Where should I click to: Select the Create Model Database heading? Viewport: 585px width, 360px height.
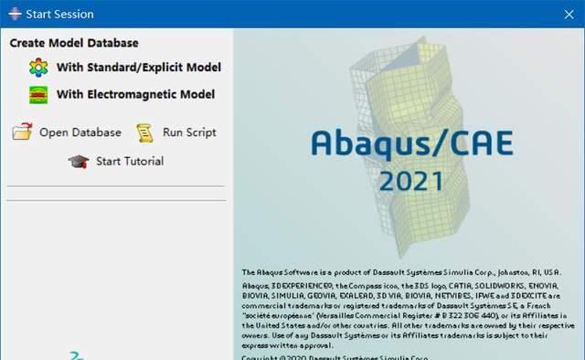click(x=74, y=43)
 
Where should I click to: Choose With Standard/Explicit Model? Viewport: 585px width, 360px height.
click(x=138, y=67)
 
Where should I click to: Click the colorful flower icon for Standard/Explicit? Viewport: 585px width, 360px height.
click(x=38, y=68)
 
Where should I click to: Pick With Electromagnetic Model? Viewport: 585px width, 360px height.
click(x=135, y=94)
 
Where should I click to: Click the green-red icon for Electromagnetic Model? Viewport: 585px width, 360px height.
click(x=38, y=94)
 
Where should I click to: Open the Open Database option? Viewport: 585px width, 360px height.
click(x=80, y=132)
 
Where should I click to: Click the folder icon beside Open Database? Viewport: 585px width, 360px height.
click(x=22, y=132)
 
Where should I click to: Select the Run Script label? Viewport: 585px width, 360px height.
click(x=189, y=132)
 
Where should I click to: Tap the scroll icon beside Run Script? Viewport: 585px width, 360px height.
click(x=144, y=132)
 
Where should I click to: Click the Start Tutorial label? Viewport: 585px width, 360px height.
click(x=130, y=162)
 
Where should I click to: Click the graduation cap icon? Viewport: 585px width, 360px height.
click(x=78, y=162)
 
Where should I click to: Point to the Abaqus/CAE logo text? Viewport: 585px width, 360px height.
click(x=411, y=143)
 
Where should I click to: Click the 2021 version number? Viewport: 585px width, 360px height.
click(x=410, y=181)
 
